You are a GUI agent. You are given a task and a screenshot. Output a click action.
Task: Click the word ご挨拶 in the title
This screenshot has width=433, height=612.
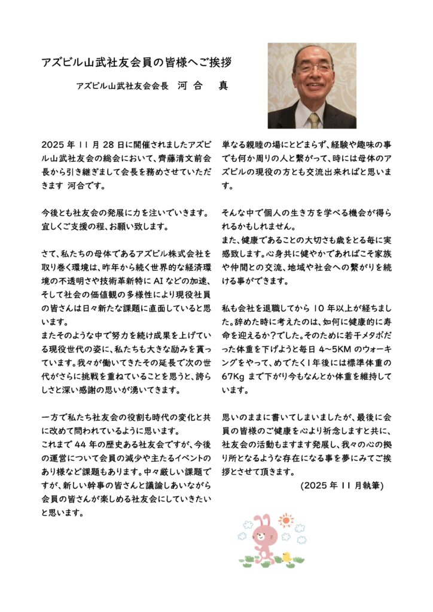pyautogui.click(x=213, y=62)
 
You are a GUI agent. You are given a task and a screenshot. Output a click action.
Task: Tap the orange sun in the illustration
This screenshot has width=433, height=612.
pyautogui.click(x=286, y=520)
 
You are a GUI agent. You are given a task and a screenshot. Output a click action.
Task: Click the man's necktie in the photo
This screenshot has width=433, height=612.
pyautogui.click(x=313, y=120)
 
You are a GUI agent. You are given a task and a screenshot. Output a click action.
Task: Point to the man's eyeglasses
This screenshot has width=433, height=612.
pyautogui.click(x=315, y=68)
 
